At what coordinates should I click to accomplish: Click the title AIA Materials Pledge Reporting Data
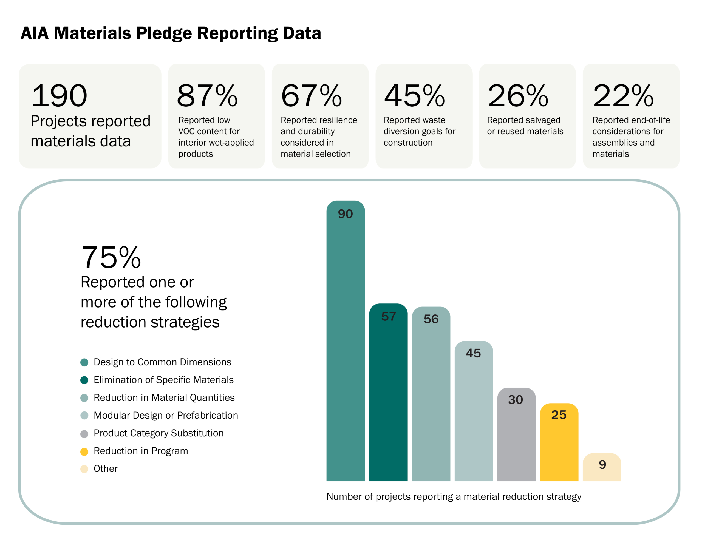pyautogui.click(x=171, y=33)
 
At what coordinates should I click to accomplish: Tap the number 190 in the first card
pyautogui.click(x=59, y=96)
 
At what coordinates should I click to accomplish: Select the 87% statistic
pyautogui.click(x=207, y=96)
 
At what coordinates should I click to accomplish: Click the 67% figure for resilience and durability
pyautogui.click(x=311, y=96)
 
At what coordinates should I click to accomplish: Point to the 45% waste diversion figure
pyautogui.click(x=415, y=96)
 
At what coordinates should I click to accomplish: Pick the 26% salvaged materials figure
pyautogui.click(x=518, y=96)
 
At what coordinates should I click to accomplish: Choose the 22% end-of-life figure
pyautogui.click(x=623, y=96)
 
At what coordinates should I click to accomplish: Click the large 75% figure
pyautogui.click(x=111, y=257)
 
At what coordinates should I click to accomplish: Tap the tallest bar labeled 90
pyautogui.click(x=346, y=345)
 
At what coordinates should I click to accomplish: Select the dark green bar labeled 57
pyautogui.click(x=388, y=396)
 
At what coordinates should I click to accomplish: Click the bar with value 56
pyautogui.click(x=431, y=398)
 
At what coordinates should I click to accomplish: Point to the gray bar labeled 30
pyautogui.click(x=516, y=438)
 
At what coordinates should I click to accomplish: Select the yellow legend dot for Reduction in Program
pyautogui.click(x=84, y=452)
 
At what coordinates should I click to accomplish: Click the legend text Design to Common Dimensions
pyautogui.click(x=162, y=362)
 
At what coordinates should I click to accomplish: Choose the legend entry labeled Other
pyautogui.click(x=106, y=469)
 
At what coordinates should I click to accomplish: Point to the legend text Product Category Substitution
pyautogui.click(x=158, y=433)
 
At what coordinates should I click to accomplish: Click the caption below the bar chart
pyautogui.click(x=454, y=497)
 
